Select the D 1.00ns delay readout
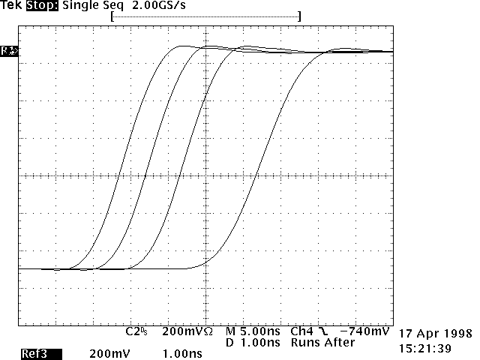(x=253, y=343)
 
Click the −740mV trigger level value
(x=364, y=331)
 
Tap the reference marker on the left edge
(x=9, y=51)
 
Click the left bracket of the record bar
(x=112, y=16)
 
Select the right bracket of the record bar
(x=298, y=16)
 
